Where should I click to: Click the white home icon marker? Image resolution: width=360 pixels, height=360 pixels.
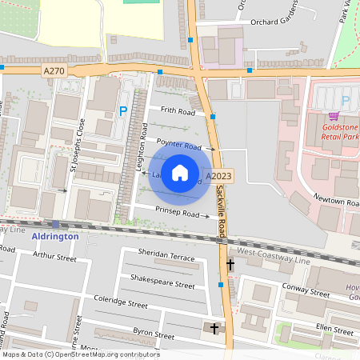tap(180, 173)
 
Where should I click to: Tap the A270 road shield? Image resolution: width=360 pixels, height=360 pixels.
tap(54, 71)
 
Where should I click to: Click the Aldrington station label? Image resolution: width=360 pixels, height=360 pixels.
tap(55, 237)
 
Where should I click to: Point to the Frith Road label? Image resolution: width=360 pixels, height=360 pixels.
tap(178, 111)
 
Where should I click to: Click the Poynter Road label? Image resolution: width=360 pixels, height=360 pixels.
tap(178, 146)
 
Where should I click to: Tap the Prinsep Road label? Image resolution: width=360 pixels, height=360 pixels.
tap(177, 214)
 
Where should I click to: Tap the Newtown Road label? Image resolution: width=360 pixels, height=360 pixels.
tap(334, 198)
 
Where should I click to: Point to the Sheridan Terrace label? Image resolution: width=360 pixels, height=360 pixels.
tap(166, 258)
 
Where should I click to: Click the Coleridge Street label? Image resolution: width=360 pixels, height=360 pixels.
tap(119, 304)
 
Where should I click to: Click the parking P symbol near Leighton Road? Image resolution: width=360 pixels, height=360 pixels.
tap(123, 111)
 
